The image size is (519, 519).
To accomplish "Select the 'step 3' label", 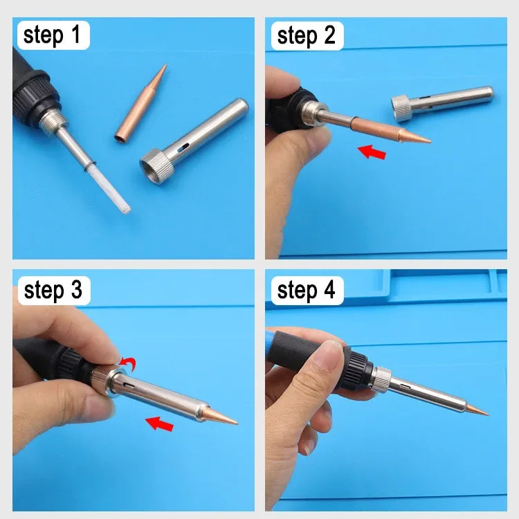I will pos(52,291).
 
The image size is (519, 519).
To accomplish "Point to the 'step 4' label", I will pos(306,291).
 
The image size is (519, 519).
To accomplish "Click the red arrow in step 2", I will pos(372,150).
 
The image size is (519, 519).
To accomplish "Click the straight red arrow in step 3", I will pos(160,422).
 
